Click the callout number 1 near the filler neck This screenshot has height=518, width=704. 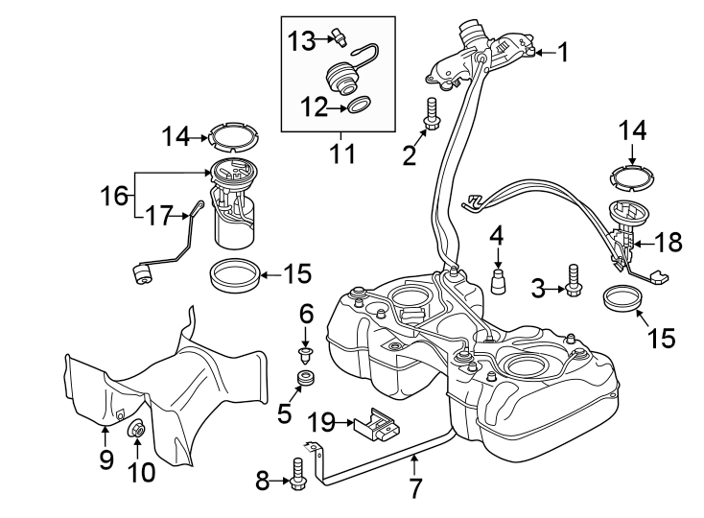point(564,53)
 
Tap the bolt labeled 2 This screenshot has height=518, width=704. point(431,114)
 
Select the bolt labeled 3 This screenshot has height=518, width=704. point(573,279)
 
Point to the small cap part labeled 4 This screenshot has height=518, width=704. point(498,282)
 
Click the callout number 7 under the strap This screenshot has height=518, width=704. point(414,487)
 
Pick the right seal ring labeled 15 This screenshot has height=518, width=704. point(623,298)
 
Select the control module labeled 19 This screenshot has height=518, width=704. point(376,426)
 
